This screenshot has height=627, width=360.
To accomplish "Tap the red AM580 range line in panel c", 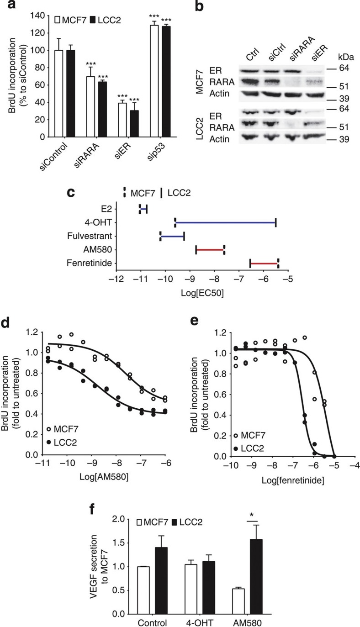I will pos(210,249).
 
